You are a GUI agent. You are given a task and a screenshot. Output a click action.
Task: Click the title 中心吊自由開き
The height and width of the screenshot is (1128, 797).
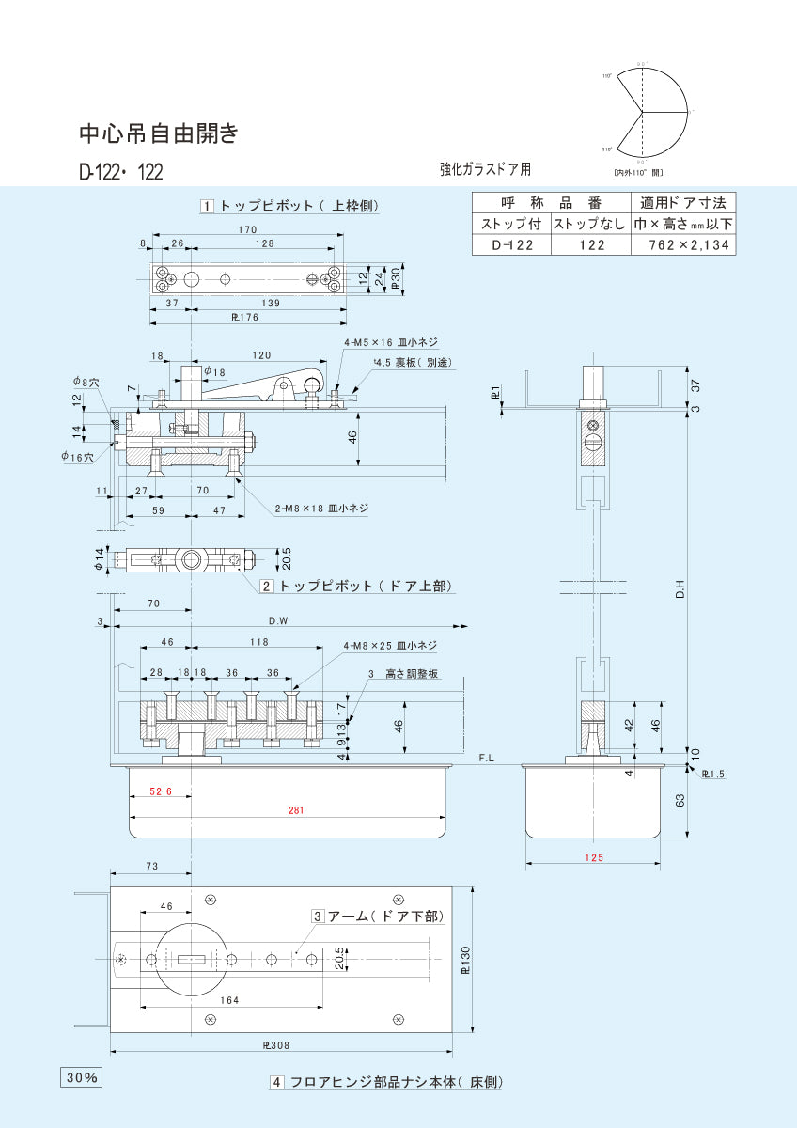click(158, 134)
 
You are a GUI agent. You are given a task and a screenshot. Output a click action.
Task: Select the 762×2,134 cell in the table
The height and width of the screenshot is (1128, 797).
click(682, 244)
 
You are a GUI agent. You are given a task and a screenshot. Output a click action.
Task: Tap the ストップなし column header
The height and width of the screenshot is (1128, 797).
click(589, 224)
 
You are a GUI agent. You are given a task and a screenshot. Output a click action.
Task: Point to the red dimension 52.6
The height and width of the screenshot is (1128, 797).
click(161, 791)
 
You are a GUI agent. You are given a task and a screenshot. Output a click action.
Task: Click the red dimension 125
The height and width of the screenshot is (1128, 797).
click(593, 856)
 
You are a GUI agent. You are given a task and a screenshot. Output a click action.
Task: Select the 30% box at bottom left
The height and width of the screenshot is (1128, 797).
click(82, 1077)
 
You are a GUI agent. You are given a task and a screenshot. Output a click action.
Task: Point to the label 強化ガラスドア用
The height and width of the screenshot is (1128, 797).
click(485, 169)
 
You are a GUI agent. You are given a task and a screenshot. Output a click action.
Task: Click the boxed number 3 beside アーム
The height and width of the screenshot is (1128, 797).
click(319, 916)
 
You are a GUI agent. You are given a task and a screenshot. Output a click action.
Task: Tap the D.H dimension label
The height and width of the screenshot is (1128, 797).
click(680, 589)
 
